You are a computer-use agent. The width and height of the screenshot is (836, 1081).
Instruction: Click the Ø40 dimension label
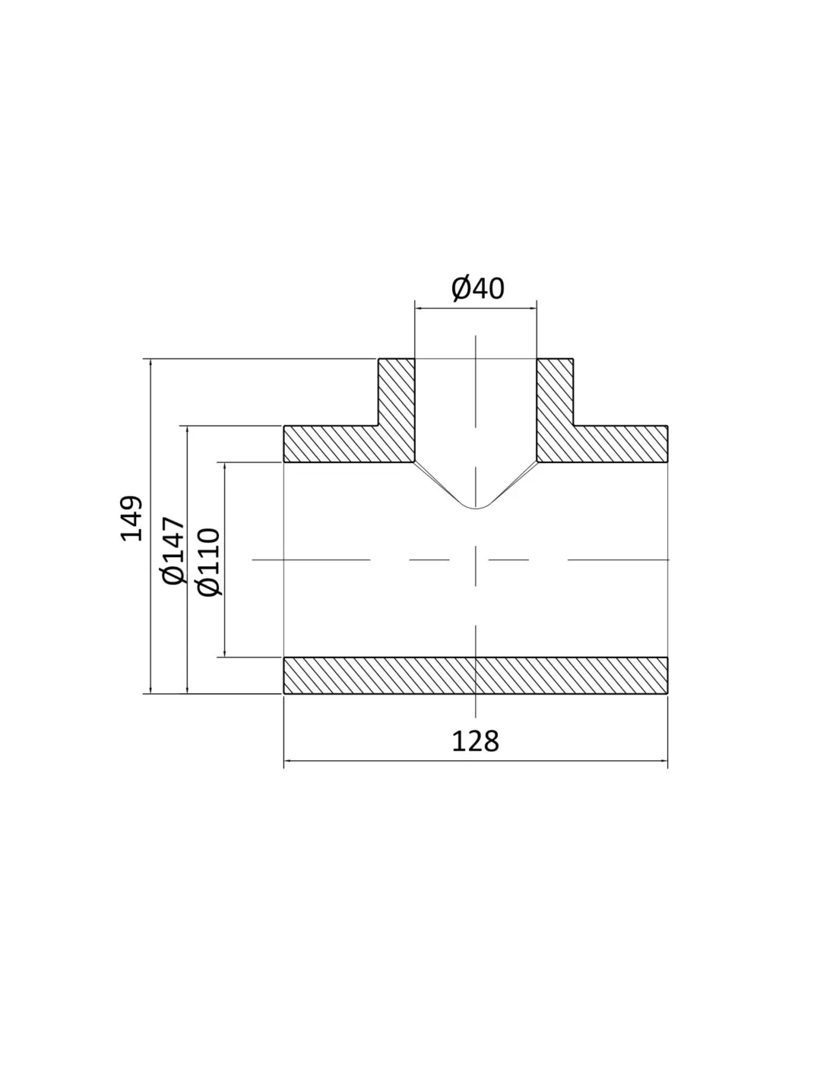pyautogui.click(x=477, y=289)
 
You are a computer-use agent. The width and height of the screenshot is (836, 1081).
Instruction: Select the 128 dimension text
pyautogui.click(x=474, y=741)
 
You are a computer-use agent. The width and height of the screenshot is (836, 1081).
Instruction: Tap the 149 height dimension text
pyautogui.click(x=131, y=518)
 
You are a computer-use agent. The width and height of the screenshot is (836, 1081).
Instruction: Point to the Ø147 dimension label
pyautogui.click(x=173, y=550)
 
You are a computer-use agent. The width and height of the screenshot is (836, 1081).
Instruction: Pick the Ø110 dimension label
pyautogui.click(x=208, y=561)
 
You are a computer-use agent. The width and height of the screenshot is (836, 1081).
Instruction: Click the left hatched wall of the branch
pyautogui.click(x=397, y=411)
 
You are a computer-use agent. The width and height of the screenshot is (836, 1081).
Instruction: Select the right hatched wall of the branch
pyautogui.click(x=555, y=411)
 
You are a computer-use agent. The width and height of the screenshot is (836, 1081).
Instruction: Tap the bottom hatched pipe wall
pyautogui.click(x=476, y=675)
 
